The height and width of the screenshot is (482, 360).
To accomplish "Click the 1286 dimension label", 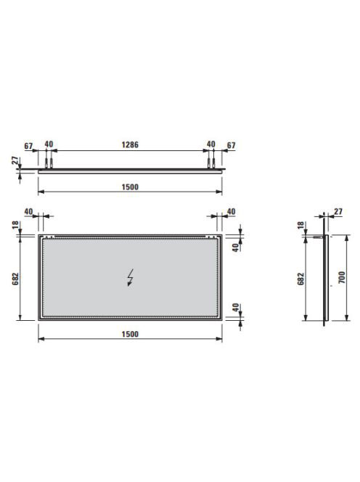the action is [x=130, y=144].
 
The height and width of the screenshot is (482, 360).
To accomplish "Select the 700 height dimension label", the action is [x=342, y=277].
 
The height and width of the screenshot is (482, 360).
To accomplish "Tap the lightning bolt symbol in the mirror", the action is [x=131, y=277].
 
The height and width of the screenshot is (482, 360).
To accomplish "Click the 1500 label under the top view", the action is [x=130, y=187].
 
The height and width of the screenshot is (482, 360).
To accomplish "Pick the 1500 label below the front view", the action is [x=130, y=334].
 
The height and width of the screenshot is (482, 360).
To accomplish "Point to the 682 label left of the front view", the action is [x=16, y=279].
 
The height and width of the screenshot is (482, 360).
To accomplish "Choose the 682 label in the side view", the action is [x=301, y=279].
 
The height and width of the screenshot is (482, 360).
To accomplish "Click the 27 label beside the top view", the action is [x=15, y=160].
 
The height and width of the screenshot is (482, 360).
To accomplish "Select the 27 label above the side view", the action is [x=338, y=211].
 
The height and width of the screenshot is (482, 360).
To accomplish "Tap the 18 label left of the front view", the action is [x=16, y=225].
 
